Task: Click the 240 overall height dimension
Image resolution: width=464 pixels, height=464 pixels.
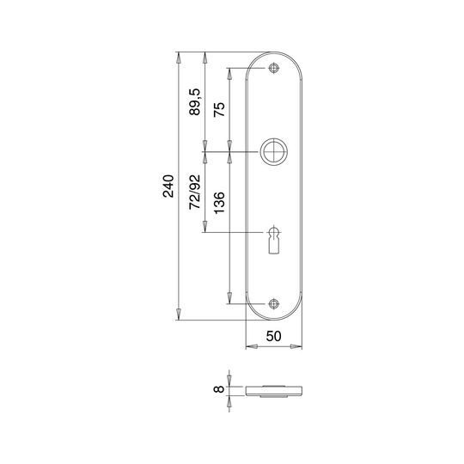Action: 168,186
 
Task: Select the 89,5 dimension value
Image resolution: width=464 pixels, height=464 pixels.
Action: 195,102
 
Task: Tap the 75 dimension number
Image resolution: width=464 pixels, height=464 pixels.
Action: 220,109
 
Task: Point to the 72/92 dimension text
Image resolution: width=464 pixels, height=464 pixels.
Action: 195,192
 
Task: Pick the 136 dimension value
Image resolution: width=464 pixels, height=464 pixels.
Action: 220,203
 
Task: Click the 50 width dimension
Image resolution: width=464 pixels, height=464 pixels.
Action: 274,336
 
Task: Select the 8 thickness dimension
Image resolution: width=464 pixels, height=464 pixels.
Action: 219,388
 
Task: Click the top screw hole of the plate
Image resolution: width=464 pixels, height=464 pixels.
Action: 273,69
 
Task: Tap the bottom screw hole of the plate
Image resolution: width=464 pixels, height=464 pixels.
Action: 273,304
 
